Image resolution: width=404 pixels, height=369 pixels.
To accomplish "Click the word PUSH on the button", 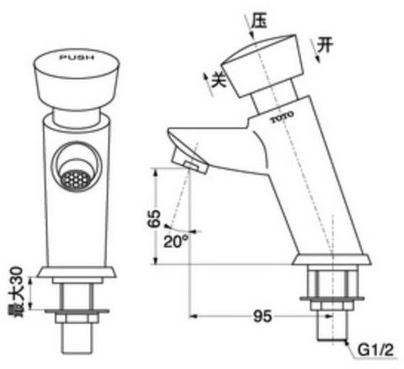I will (x=76, y=59).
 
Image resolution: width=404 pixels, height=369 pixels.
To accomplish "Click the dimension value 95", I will (x=263, y=317).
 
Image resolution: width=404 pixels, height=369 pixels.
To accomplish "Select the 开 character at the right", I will (x=331, y=45).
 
